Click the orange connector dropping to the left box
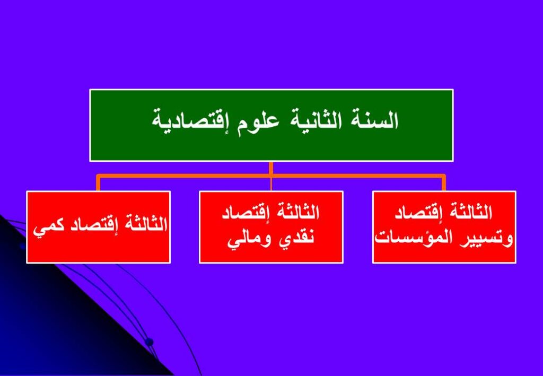click(98, 183)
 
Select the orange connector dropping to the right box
click(444, 183)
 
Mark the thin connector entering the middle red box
click(271, 184)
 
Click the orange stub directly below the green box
click(271, 168)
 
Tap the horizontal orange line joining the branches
click(271, 176)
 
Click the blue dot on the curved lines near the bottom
click(149, 342)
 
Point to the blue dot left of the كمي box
click(23, 246)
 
